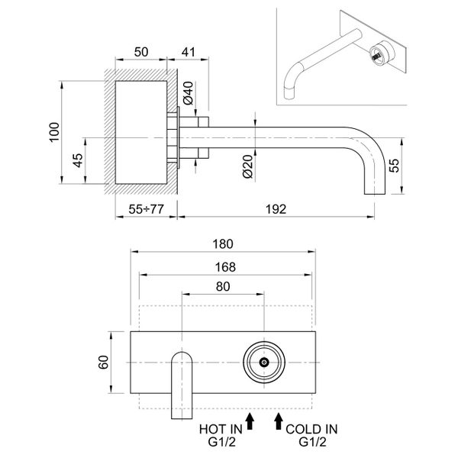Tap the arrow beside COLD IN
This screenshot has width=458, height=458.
(279, 419)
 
